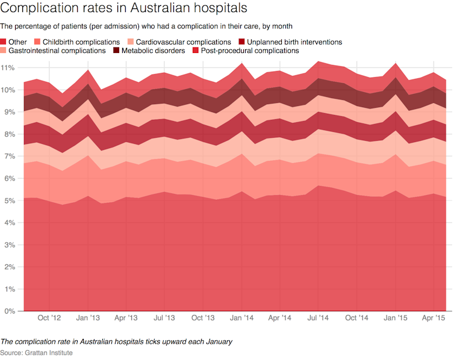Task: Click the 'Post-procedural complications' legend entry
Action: [247, 51]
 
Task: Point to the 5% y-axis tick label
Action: [10, 200]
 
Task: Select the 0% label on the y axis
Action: [10, 311]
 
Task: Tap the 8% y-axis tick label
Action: [10, 134]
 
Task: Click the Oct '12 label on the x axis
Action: [49, 317]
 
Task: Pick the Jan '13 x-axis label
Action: [88, 317]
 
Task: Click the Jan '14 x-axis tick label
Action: [241, 317]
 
